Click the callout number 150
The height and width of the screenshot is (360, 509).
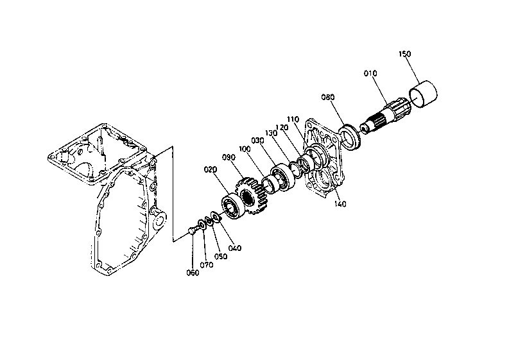pos(404,54)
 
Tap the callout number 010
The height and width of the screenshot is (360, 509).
pos(372,74)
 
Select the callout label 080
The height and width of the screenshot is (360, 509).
pos(328,98)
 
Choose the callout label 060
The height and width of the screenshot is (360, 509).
pos(193,272)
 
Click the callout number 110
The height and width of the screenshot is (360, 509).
pos(293,120)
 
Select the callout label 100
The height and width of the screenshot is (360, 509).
pos(245,148)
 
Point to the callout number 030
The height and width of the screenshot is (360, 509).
pos(258,141)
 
